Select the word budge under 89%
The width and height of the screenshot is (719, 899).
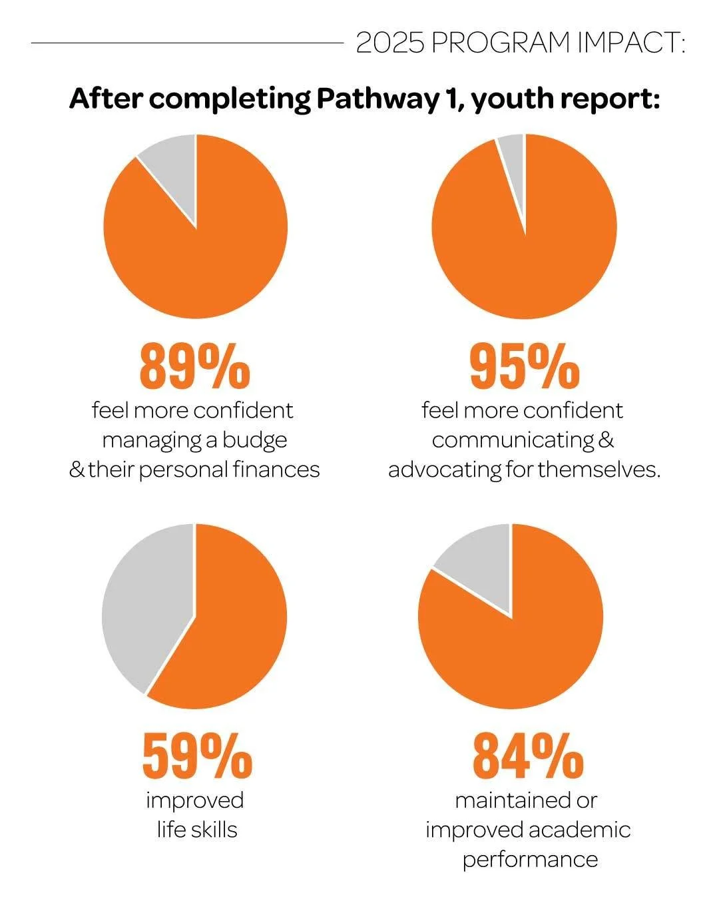point(255,440)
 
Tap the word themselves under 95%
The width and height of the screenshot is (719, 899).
point(599,469)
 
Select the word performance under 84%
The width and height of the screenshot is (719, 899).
point(530,859)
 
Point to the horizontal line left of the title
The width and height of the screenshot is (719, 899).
point(186,43)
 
